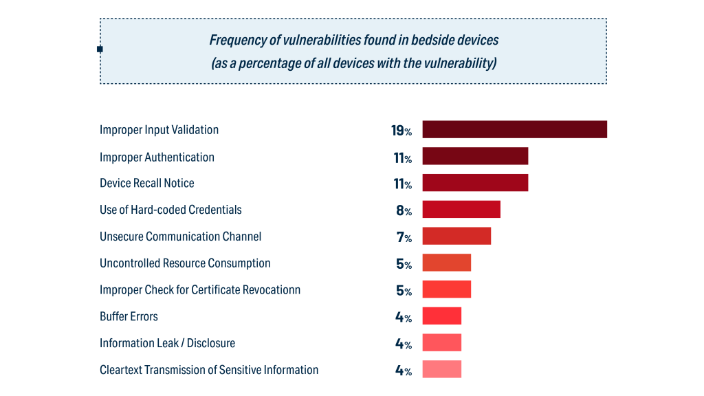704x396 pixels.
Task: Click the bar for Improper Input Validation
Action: (x=514, y=129)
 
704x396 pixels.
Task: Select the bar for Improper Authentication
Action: (x=475, y=156)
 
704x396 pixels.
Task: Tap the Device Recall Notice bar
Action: (x=475, y=182)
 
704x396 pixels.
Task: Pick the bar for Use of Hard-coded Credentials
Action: (x=461, y=209)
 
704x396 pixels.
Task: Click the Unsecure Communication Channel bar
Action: (x=456, y=236)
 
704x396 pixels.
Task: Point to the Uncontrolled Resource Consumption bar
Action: (x=447, y=263)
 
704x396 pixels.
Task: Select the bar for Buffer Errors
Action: (x=442, y=316)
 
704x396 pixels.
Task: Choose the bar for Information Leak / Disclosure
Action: (x=442, y=342)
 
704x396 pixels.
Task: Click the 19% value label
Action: (x=401, y=131)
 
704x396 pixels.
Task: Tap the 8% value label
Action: (x=404, y=210)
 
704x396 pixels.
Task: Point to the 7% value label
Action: (x=404, y=237)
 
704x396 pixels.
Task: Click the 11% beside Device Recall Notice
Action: (x=402, y=184)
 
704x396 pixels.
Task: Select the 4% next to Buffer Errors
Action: (x=404, y=318)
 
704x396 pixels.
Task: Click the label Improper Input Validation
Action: (x=159, y=130)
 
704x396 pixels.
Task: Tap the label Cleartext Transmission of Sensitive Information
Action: (x=209, y=370)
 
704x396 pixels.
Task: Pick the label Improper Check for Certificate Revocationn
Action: (x=200, y=289)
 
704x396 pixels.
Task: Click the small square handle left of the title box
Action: (x=100, y=49)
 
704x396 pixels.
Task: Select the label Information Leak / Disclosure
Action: (x=167, y=343)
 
